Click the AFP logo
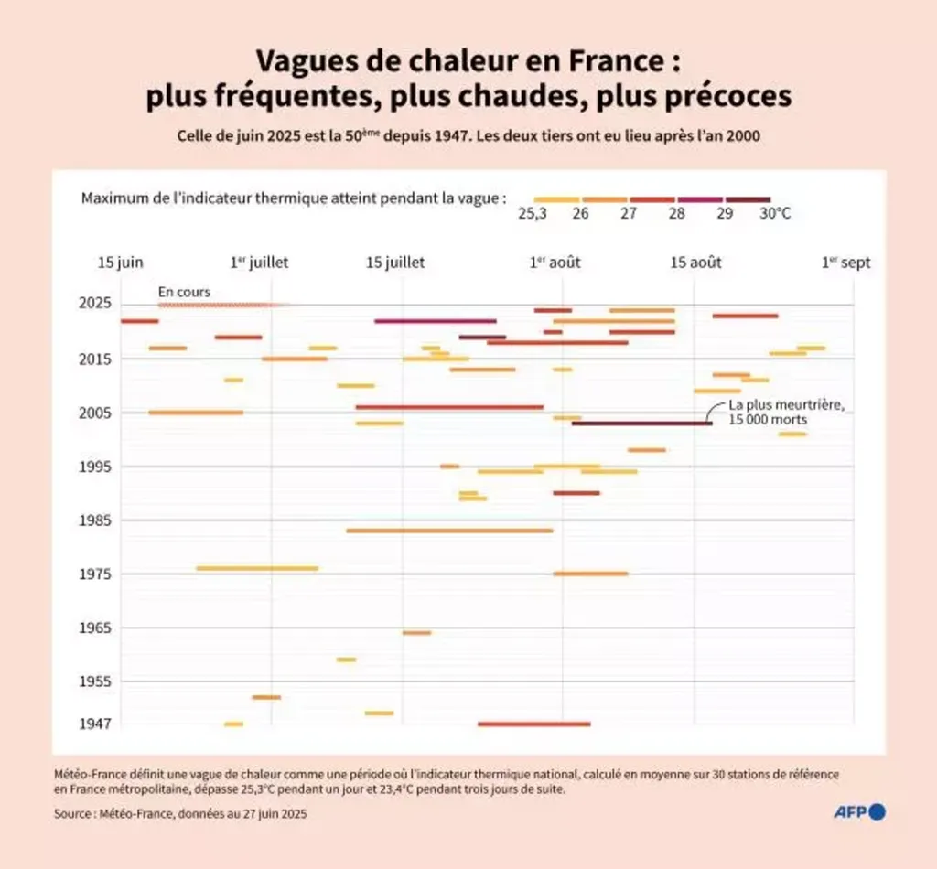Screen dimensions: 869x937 click(859, 811)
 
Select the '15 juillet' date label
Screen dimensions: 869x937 click(395, 263)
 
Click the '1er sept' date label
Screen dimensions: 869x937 click(845, 263)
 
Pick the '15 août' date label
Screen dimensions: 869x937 click(696, 263)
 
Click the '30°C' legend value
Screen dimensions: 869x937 click(774, 213)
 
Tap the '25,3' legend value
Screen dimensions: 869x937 click(533, 213)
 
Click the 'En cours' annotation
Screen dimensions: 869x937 click(184, 292)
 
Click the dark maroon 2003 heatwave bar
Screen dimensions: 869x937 click(641, 423)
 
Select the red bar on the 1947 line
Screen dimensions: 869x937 click(533, 724)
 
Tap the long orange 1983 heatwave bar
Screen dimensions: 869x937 click(449, 531)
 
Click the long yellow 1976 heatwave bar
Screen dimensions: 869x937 click(257, 568)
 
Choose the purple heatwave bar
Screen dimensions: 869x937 click(436, 321)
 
